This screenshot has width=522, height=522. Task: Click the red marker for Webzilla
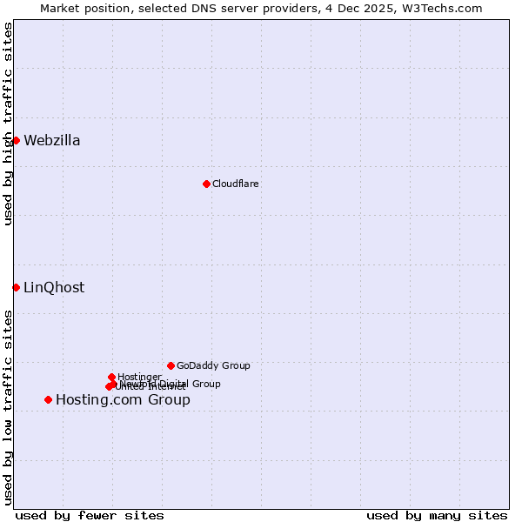point(16,140)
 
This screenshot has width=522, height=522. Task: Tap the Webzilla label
point(52,141)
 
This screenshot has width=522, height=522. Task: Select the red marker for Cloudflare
point(206,184)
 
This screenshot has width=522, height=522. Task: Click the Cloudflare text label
point(236,184)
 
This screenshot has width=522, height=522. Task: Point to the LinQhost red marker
point(16,287)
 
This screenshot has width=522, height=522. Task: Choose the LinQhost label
point(54,288)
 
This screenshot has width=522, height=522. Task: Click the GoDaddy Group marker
point(171,365)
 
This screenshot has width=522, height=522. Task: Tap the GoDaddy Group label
point(213,365)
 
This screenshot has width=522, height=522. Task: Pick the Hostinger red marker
point(111,377)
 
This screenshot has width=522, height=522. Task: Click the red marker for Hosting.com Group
point(48,399)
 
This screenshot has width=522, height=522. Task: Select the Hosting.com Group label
point(123,400)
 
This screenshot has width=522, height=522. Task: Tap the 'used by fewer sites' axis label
point(90,515)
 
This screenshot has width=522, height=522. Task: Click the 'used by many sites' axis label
point(437,515)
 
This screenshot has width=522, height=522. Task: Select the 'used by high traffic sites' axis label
point(8,124)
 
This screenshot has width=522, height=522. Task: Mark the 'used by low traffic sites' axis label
point(8,407)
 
